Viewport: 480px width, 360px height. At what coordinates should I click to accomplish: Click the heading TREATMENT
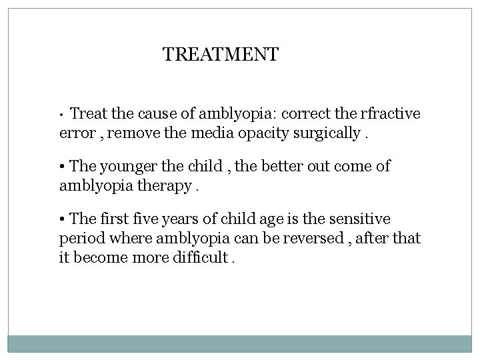pyautogui.click(x=221, y=54)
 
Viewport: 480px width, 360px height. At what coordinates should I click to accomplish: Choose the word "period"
pyautogui.click(x=80, y=237)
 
